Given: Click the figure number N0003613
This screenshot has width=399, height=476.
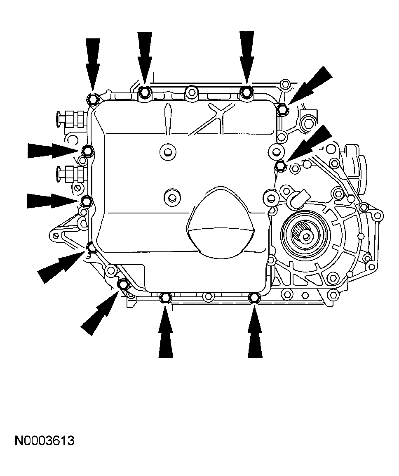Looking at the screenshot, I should click(x=45, y=440).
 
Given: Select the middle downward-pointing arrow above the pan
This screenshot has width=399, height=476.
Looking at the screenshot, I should click(x=145, y=58).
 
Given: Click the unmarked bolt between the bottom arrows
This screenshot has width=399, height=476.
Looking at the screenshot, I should click(x=209, y=296).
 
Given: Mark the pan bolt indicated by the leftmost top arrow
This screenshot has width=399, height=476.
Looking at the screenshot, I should click(x=92, y=99).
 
